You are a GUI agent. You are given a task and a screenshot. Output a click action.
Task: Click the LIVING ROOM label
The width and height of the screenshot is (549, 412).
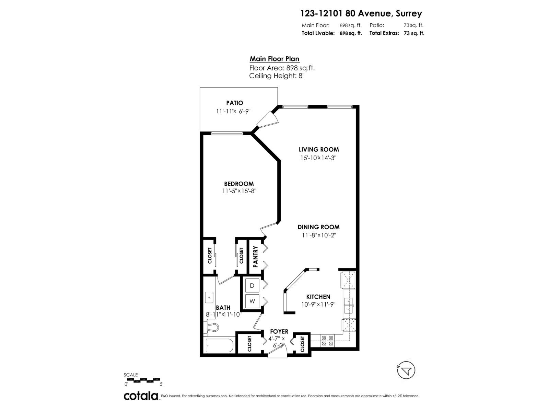click(319, 149)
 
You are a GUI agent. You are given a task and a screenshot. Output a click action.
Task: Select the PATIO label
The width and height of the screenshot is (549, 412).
click(235, 103)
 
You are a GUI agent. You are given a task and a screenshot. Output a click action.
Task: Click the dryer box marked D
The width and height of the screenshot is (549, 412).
click(253, 286)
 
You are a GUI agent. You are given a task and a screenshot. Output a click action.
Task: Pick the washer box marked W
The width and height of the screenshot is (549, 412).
click(253, 301)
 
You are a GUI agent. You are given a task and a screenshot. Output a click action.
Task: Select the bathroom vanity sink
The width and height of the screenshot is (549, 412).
click(209, 297)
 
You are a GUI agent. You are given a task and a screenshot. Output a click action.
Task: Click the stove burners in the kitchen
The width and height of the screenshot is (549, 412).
click(327, 340)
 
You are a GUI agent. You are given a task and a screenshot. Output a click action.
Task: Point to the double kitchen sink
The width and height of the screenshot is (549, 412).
click(349, 305)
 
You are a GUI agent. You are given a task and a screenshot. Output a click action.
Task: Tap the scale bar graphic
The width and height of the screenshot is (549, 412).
click(143, 380)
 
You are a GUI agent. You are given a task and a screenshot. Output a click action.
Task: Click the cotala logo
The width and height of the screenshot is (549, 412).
click(141, 396)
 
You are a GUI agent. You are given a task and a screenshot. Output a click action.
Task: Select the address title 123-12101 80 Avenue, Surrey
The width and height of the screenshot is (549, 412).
click(361, 13)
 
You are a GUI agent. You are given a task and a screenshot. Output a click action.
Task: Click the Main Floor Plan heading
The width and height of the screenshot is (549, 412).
click(274, 59)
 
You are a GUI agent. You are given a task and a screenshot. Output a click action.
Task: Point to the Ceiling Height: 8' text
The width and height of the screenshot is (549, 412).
click(277, 76)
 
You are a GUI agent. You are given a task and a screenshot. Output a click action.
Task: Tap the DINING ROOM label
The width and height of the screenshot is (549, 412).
click(318, 227)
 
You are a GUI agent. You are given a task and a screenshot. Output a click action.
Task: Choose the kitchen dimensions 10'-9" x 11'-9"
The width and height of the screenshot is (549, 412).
click(318, 304)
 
